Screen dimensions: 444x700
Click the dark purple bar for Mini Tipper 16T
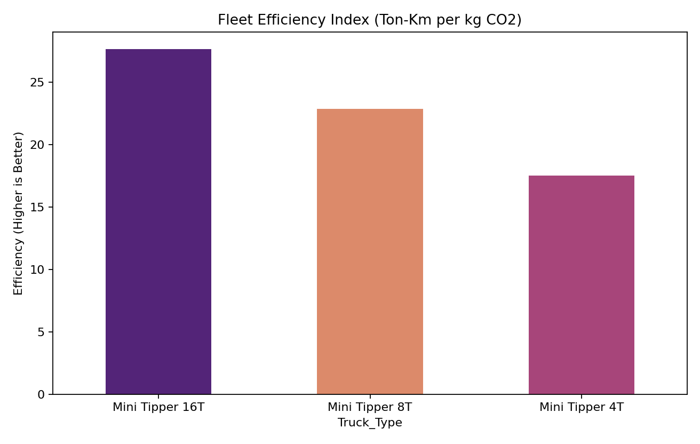(158, 221)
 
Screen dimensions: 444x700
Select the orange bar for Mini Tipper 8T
(370, 251)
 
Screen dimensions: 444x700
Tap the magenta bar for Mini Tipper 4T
(581, 285)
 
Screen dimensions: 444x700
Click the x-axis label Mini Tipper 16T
(158, 407)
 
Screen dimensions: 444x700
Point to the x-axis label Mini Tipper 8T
(370, 407)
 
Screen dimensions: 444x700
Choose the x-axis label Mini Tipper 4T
(581, 407)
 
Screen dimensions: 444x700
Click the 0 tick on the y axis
(42, 394)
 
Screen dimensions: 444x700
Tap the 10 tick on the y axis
(39, 269)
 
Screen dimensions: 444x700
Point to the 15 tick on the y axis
(39, 207)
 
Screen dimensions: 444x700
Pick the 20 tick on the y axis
(39, 145)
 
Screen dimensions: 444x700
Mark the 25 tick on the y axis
(39, 82)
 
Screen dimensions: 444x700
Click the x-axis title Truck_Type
(370, 423)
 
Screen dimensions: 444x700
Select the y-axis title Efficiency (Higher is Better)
(19, 213)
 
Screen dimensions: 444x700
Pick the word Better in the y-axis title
(19, 151)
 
